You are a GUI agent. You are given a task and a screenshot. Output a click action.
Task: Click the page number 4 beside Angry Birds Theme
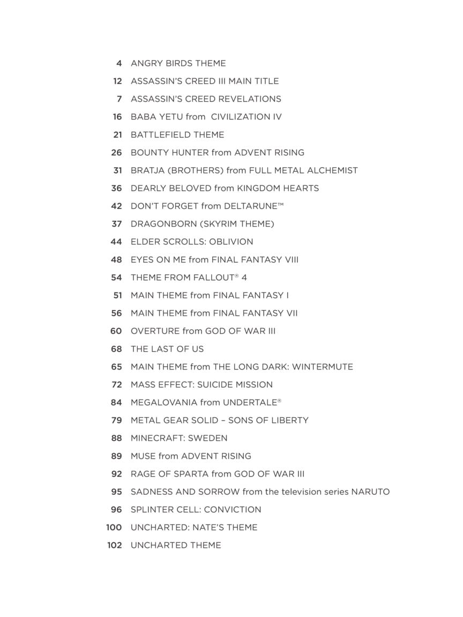(119, 63)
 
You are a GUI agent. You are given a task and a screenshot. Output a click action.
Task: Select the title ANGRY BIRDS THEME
(178, 63)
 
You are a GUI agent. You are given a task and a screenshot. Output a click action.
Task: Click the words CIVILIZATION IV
(246, 117)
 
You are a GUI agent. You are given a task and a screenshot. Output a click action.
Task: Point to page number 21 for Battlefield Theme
(117, 134)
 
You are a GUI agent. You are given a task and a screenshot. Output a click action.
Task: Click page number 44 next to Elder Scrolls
(116, 242)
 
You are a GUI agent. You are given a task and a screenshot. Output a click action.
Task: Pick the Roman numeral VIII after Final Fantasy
(292, 260)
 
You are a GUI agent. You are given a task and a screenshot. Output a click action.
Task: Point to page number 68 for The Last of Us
(116, 349)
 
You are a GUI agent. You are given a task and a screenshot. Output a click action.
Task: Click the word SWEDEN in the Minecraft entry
(208, 438)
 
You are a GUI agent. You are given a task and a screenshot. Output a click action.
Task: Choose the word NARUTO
(370, 492)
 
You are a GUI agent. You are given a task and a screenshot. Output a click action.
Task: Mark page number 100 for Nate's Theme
(114, 528)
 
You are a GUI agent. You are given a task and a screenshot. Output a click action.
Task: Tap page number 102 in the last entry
(115, 545)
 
